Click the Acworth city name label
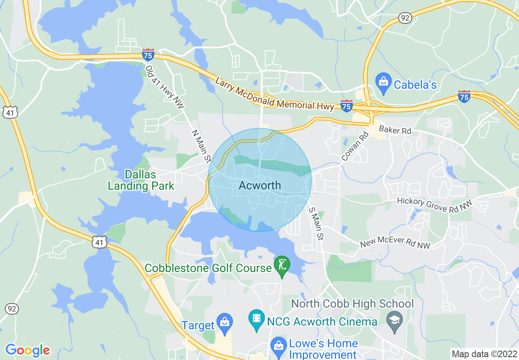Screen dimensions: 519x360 tap(260, 185)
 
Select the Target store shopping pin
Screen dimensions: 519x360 tap(224, 322)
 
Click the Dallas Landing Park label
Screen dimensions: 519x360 tap(141, 180)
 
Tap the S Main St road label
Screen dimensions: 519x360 tap(316, 224)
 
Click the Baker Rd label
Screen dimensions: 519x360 tap(395, 130)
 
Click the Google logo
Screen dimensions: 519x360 tap(27, 350)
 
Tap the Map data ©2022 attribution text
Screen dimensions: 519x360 tap(483, 354)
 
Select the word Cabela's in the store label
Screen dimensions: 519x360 tap(415, 85)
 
